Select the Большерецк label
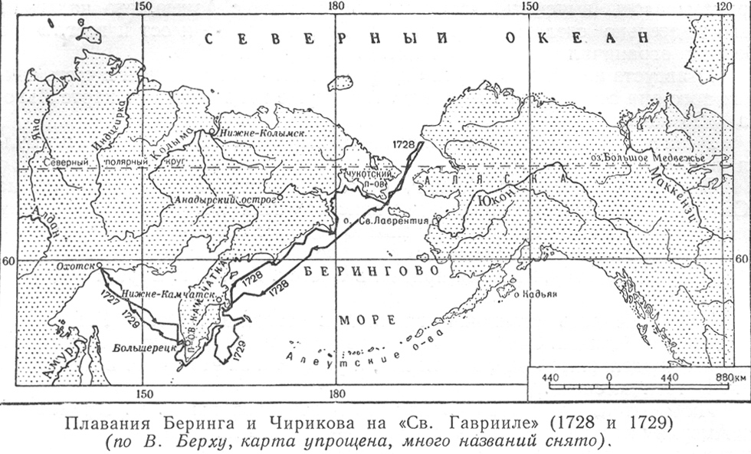141,348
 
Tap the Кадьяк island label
534,292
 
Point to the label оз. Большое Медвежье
658,158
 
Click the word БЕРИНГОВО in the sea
372,271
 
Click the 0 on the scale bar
608,378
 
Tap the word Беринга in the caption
169,423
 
